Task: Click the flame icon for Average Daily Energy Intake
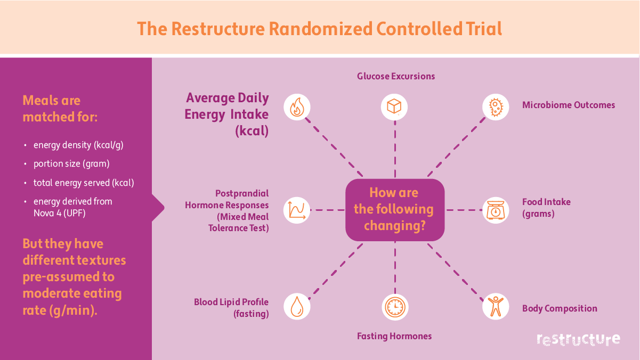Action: [297, 107]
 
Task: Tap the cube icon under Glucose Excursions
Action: [394, 107]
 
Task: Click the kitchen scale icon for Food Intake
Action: [496, 210]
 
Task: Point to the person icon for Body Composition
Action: [496, 306]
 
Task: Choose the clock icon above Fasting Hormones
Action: [395, 307]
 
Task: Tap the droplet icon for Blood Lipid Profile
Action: [296, 306]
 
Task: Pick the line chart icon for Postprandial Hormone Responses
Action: [296, 210]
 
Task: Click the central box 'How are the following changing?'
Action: [394, 209]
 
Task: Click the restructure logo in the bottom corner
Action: [578, 339]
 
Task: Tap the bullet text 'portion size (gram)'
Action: [71, 163]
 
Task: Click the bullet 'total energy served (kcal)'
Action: [84, 183]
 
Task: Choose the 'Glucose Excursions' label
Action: [396, 76]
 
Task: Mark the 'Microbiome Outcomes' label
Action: [569, 105]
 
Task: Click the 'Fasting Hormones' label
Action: [394, 336]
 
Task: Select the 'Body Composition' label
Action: [560, 308]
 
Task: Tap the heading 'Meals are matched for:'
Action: [60, 108]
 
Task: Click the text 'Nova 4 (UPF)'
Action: [59, 212]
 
